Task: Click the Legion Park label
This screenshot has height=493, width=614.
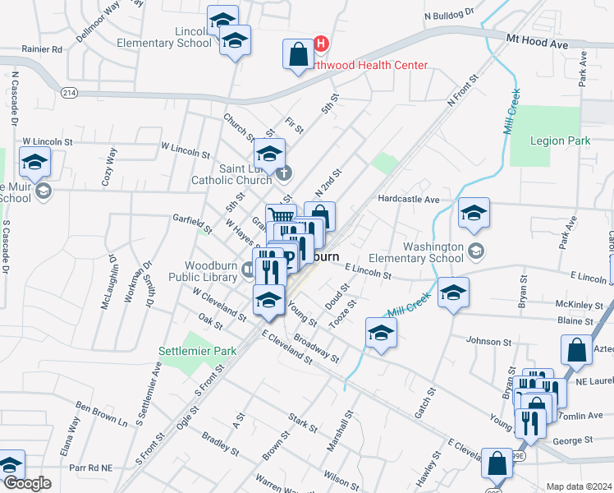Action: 560,141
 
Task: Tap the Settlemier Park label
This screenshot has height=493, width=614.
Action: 198,351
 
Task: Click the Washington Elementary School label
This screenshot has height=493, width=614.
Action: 433,252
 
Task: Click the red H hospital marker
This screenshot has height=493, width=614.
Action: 322,43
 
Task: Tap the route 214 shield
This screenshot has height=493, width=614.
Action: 69,94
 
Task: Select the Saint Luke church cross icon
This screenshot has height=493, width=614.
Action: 284,173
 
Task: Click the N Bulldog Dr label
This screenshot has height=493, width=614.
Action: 450,14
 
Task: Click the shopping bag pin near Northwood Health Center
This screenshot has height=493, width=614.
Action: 296,54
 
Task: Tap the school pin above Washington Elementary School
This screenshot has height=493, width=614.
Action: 474,213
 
